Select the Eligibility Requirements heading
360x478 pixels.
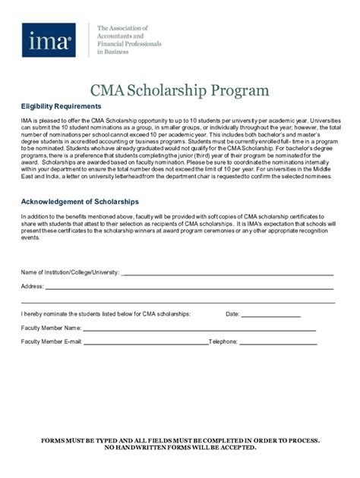coord(60,106)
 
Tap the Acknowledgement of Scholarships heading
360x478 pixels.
coord(80,202)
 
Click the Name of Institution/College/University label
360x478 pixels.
coord(70,272)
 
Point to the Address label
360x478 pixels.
coord(32,287)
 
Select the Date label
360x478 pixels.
coord(254,314)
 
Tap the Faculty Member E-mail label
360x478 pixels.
coord(52,342)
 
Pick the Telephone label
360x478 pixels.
coord(223,342)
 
